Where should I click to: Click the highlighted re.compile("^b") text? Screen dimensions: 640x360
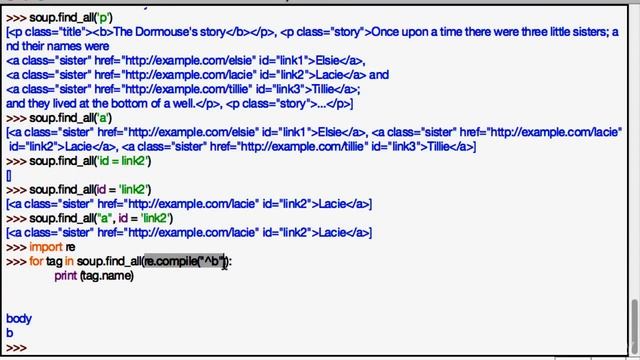click(x=185, y=261)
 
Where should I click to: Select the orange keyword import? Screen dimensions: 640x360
click(x=46, y=247)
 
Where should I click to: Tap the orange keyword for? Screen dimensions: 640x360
click(x=37, y=261)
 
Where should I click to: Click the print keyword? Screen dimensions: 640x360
click(x=65, y=275)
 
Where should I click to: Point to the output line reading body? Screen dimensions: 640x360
click(x=18, y=319)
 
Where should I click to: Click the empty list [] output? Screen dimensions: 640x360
click(x=9, y=176)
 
